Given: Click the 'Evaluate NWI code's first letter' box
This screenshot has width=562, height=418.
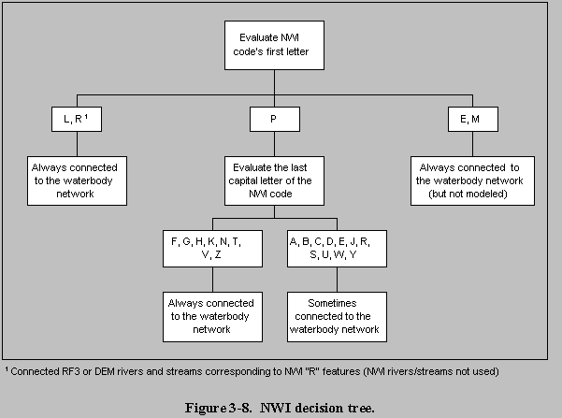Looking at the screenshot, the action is point(274,45).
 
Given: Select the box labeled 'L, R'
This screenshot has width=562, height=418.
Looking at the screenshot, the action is point(77,119).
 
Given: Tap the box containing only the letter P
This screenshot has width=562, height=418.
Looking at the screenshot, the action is point(275,119).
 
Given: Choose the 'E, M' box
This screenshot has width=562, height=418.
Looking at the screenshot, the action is point(473,119).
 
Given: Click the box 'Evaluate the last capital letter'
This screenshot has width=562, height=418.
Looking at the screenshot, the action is point(274,180).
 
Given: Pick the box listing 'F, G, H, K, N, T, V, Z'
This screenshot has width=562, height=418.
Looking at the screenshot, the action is point(212,249).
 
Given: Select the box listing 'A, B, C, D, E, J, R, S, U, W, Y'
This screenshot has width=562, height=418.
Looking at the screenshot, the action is point(337,249).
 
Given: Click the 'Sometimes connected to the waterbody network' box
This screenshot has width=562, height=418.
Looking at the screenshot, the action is point(337,317).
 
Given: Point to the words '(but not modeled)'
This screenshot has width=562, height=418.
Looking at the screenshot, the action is point(468,194).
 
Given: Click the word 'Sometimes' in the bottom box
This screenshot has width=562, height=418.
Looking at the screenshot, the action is point(332,303).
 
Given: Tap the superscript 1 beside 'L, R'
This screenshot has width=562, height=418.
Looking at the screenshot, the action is point(86,116).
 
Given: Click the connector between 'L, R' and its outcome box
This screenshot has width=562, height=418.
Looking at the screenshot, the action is point(77,144).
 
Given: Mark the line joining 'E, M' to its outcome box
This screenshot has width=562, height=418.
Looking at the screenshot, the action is point(472,144).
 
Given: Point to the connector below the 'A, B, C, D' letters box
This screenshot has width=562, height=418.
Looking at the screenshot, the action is point(337,280).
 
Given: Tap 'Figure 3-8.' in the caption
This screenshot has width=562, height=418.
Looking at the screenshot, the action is point(218,408).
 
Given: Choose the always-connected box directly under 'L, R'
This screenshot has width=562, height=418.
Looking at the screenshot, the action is point(77,180).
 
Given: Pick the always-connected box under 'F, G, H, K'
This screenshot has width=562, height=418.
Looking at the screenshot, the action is point(212,317).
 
